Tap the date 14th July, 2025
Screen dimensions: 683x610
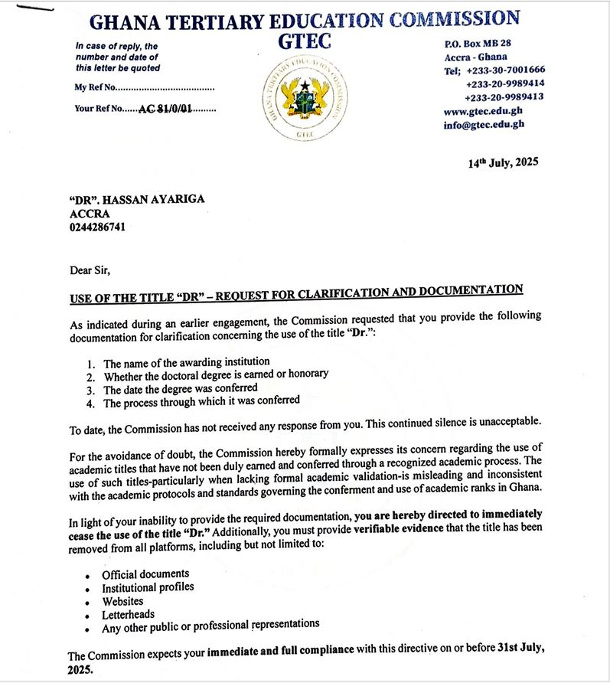[x=503, y=162]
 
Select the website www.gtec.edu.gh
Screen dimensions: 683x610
[x=484, y=111]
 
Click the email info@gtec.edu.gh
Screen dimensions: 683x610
[x=484, y=125]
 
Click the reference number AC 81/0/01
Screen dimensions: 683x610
[x=165, y=109]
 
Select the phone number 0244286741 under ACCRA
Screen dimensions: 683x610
[x=97, y=227]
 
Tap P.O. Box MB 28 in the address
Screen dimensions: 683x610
[x=478, y=43]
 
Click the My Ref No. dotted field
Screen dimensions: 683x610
[x=165, y=87]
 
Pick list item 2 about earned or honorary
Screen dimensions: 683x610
[x=216, y=374]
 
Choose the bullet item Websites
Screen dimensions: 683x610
[x=122, y=601]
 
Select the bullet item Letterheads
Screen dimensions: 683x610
[x=128, y=614]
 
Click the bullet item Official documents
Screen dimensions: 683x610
[x=145, y=574]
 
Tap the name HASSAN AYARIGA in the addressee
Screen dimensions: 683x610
[x=156, y=200]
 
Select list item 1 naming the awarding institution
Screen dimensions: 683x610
[x=186, y=361]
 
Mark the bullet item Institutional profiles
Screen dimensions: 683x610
[x=148, y=587]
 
